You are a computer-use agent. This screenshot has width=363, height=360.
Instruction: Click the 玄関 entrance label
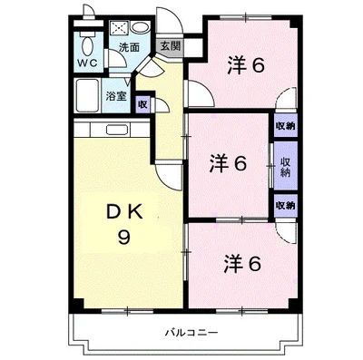point(169,44)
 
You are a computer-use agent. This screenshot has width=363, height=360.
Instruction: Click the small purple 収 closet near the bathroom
point(142,103)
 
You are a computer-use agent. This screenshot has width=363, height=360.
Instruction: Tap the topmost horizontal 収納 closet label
point(284,125)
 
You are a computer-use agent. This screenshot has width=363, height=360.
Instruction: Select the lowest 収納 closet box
point(284,206)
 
